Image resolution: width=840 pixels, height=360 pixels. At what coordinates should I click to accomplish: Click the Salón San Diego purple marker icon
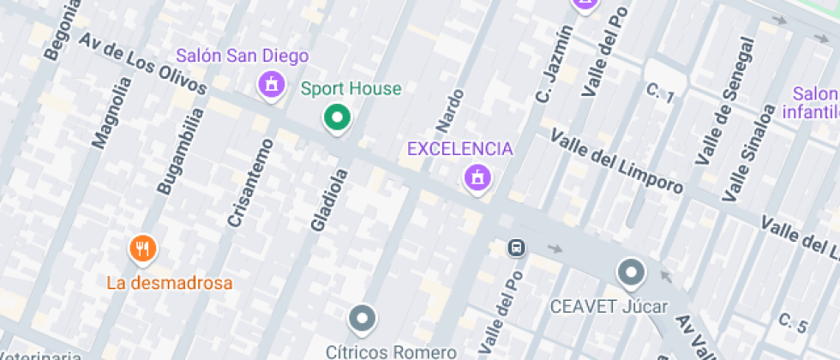click(272, 84)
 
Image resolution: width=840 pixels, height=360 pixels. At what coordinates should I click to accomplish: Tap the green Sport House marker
click(338, 117)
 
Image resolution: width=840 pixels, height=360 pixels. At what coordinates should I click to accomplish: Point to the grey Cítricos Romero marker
click(363, 320)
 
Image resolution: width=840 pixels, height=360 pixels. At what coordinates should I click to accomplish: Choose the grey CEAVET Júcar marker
click(632, 273)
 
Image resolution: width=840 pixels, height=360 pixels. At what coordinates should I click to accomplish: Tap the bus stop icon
click(517, 248)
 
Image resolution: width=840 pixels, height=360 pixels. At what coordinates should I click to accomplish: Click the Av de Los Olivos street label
click(144, 64)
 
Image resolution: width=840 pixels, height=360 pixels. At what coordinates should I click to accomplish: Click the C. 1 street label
click(661, 93)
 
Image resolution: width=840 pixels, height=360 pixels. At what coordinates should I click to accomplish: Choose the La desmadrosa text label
click(170, 282)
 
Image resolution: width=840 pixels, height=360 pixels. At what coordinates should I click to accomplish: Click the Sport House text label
click(351, 88)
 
